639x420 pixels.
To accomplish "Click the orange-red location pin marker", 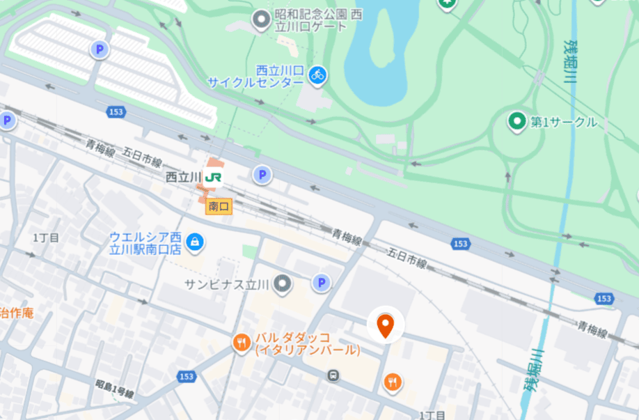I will (385, 325).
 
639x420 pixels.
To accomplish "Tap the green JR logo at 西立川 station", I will (214, 177).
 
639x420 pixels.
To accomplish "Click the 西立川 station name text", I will (184, 178).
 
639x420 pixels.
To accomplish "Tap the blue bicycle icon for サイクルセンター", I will (318, 75).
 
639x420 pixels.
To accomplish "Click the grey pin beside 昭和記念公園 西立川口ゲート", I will (261, 20).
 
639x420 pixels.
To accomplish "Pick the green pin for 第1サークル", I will (516, 122).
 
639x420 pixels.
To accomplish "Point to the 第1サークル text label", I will (564, 123).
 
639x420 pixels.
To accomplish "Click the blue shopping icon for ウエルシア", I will (195, 242).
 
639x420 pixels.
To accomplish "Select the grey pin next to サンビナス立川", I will (282, 283).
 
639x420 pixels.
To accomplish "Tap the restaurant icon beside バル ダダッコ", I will (242, 342).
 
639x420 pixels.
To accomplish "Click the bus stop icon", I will (334, 375).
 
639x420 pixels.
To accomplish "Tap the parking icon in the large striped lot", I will (100, 49).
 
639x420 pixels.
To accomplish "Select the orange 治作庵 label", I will (15, 313).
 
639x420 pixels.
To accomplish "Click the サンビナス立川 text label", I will (228, 283).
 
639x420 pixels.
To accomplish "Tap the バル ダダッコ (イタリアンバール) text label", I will (306, 343).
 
